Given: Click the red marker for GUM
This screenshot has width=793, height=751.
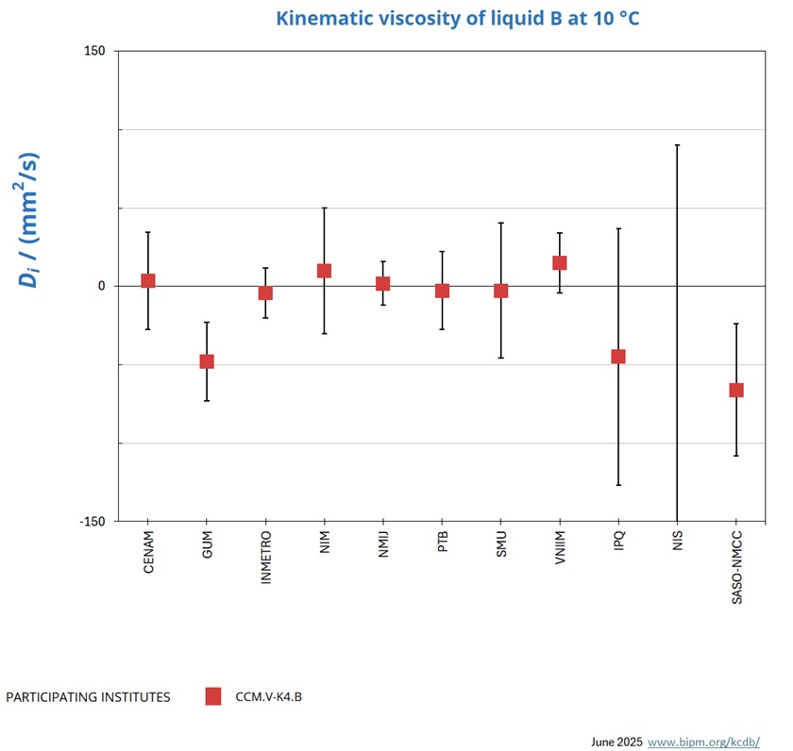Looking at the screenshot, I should click(x=207, y=361).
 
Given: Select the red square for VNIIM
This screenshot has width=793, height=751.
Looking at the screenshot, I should click(x=560, y=263).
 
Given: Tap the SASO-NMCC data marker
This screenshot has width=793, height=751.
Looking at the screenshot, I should click(x=736, y=390).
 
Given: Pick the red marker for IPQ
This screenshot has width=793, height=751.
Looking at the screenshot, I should click(x=618, y=357).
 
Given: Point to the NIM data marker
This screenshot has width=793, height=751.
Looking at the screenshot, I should click(x=324, y=271).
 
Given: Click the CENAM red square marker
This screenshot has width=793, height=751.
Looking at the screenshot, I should click(x=148, y=281).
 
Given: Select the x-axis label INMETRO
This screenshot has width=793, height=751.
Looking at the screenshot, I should click(x=266, y=559).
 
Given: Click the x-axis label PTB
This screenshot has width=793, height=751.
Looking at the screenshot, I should click(x=443, y=543).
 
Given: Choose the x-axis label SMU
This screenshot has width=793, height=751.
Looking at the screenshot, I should click(x=501, y=544).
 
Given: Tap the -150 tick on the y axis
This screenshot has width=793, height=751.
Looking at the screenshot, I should click(x=93, y=521).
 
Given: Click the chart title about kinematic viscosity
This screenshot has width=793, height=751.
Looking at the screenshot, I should click(x=457, y=18).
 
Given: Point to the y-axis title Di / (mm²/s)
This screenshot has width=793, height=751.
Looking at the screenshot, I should click(x=30, y=219).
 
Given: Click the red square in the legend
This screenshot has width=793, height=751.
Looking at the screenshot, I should click(x=213, y=696).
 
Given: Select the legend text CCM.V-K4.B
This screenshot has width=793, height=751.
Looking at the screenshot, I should click(x=268, y=697).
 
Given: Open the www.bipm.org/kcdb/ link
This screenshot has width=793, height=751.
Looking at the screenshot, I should click(x=702, y=742).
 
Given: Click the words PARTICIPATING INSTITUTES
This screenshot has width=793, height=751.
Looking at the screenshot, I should click(x=88, y=697).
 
